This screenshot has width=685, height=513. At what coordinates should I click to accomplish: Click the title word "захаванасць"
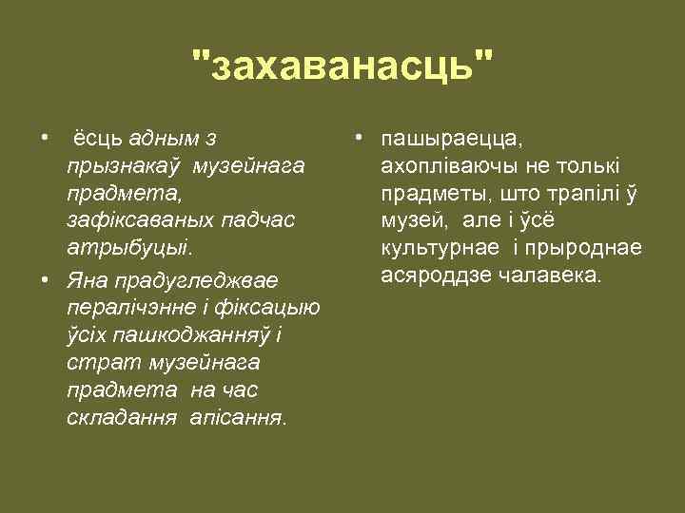coord(342,69)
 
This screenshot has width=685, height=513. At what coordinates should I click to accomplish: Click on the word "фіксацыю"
coord(276,309)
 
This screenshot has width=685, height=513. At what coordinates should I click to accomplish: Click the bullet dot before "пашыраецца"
coord(357,139)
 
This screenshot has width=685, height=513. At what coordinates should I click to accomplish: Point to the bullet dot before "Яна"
coord(47,281)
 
